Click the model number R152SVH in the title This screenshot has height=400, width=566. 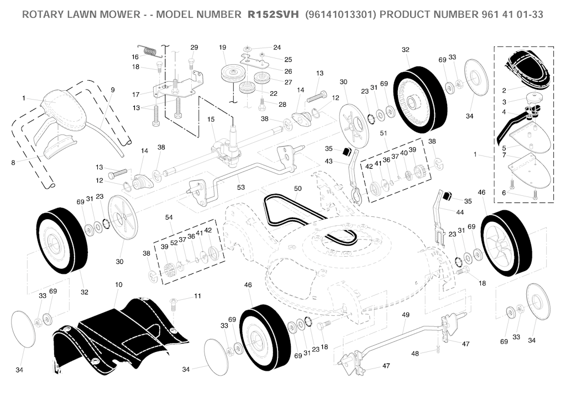click(x=273, y=14)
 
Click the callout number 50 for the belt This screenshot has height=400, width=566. click(x=298, y=189)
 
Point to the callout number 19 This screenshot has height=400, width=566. click(x=222, y=48)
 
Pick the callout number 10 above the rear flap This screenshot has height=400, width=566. click(x=119, y=285)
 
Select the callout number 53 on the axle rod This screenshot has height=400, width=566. click(x=241, y=187)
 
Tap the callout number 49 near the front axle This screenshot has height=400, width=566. click(x=406, y=315)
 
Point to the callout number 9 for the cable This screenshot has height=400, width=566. click(x=113, y=90)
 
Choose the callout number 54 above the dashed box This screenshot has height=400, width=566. click(x=169, y=217)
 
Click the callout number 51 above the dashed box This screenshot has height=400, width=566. click(x=384, y=133)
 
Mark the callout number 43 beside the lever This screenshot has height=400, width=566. click(x=328, y=161)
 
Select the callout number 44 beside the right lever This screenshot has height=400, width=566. click(x=460, y=212)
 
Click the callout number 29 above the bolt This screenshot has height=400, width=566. click(x=194, y=48)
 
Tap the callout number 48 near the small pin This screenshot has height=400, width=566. click(x=415, y=354)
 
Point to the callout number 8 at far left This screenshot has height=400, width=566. click(x=13, y=163)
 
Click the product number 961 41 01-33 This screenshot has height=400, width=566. click(x=512, y=14)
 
